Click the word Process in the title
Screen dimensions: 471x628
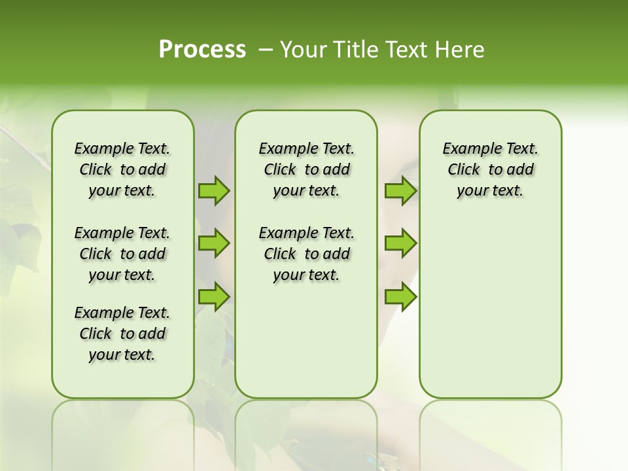coord(202,49)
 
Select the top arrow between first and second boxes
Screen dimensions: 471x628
coord(214,191)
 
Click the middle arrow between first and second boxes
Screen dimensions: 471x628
coord(214,243)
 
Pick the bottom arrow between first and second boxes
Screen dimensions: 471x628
coord(214,296)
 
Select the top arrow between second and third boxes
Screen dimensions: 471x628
coord(400,191)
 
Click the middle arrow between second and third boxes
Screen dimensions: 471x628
coord(400,243)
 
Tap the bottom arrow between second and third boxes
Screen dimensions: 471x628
coord(400,296)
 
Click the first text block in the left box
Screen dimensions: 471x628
coord(122,169)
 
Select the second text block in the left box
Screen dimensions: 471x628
coord(122,254)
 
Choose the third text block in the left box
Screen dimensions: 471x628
coord(122,334)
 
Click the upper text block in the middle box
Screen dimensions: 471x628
coord(306,169)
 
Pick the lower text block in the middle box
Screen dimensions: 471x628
coord(306,254)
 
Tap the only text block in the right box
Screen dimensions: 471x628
coord(490,169)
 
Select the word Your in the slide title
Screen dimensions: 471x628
coord(304,50)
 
